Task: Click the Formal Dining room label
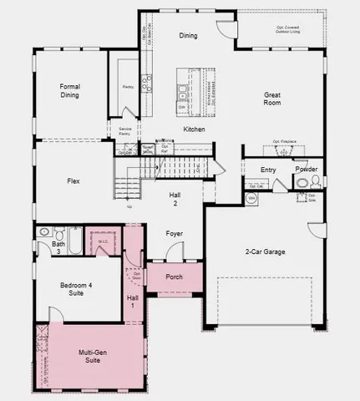click(x=69, y=91)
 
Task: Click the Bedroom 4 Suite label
click(x=78, y=289)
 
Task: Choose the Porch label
click(x=174, y=277)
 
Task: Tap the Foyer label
click(x=174, y=234)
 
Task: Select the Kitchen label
click(x=194, y=129)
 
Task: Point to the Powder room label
click(x=307, y=169)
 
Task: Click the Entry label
click(x=268, y=170)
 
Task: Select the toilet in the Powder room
click(x=302, y=183)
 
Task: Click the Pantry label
click(x=128, y=86)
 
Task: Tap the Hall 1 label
click(x=133, y=301)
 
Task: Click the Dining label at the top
click(x=189, y=36)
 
